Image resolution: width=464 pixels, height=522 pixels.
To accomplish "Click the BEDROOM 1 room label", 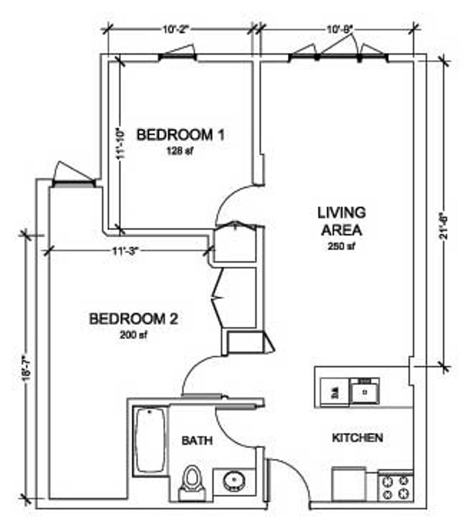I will (180, 134).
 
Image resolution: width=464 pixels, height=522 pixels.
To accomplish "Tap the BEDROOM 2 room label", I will (134, 319).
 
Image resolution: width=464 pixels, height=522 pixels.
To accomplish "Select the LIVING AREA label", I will (341, 220).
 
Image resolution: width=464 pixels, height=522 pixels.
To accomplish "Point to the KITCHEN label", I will (357, 438).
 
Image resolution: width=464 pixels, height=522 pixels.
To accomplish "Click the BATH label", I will (197, 440).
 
